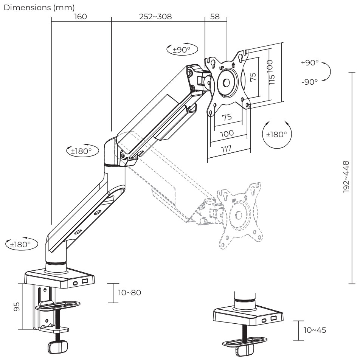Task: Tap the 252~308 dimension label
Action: [x=155, y=17]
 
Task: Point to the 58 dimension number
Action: [x=215, y=17]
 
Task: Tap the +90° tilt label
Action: [x=310, y=63]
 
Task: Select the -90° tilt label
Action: [x=310, y=81]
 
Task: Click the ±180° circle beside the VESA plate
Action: [x=277, y=134]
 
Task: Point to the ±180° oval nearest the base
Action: [x=22, y=244]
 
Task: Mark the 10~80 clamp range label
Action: [x=129, y=293]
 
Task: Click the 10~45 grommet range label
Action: [x=315, y=330]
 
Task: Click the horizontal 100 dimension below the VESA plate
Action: [x=227, y=133]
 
